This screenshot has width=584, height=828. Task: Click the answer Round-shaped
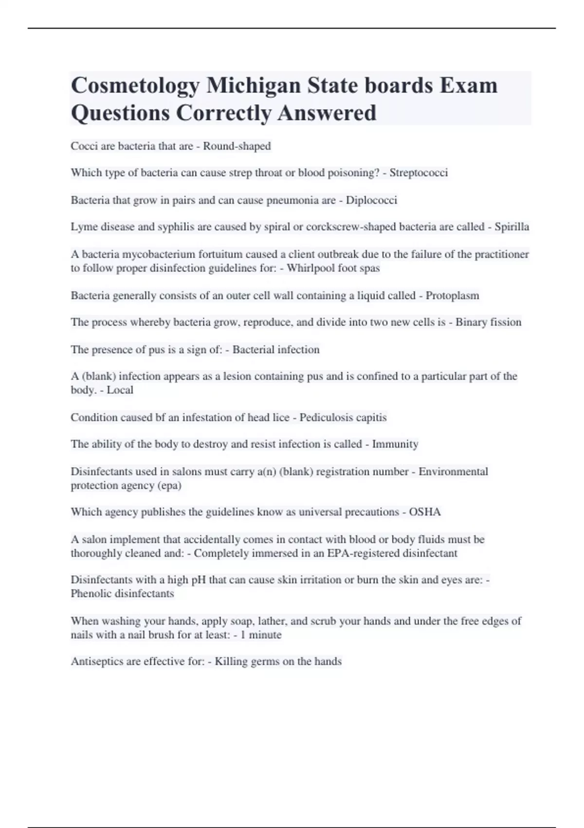[x=237, y=146]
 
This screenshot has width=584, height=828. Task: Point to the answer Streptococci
[x=419, y=173]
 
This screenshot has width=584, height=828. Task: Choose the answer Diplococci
[x=371, y=200]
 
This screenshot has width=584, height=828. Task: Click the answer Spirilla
[x=511, y=227]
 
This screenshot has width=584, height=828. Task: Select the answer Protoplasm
[x=452, y=296]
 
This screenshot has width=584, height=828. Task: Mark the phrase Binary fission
[x=488, y=322]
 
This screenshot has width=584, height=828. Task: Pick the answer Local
[x=120, y=390]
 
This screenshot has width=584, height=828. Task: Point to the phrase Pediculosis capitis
[x=343, y=417]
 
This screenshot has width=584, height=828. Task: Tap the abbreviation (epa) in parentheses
[x=169, y=486]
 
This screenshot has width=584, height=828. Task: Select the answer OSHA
[x=425, y=512]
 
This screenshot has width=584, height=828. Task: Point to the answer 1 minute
[x=261, y=635]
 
